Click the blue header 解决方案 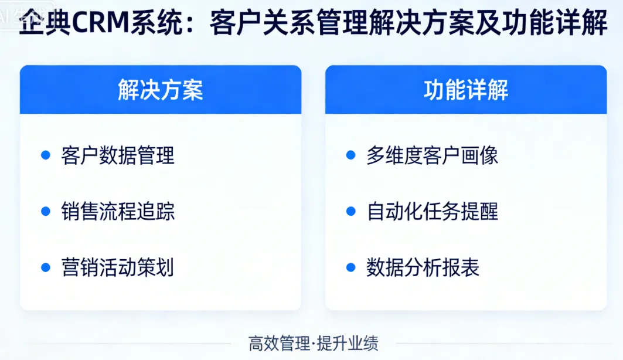[x=160, y=90]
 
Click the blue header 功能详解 [x=466, y=90]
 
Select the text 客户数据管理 [x=118, y=155]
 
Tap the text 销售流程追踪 [x=118, y=212]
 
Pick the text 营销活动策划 [x=118, y=267]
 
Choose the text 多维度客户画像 [x=433, y=155]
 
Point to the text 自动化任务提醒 [x=433, y=212]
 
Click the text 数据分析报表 [x=423, y=267]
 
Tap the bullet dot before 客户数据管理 [x=46, y=155]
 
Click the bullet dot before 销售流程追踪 [x=46, y=212]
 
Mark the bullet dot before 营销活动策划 [x=46, y=267]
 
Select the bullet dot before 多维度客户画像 [x=351, y=155]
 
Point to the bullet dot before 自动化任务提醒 [x=351, y=212]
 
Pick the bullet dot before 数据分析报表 [x=351, y=267]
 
